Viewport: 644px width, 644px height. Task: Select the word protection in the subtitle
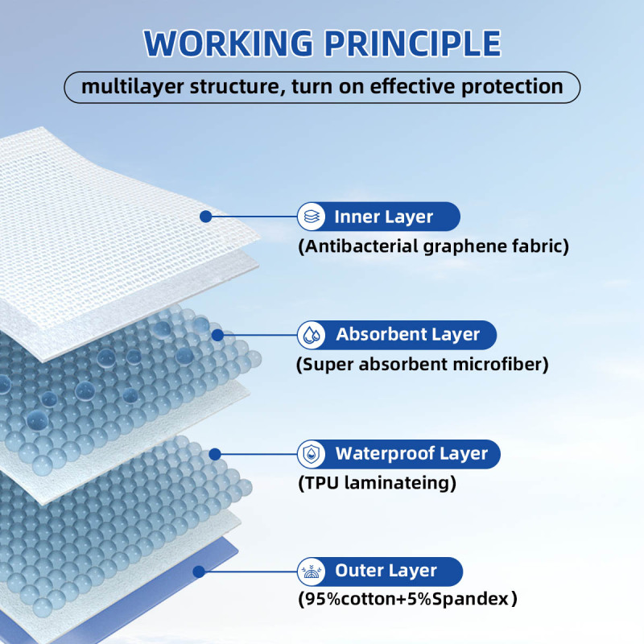[512, 87]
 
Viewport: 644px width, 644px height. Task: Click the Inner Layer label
[384, 217]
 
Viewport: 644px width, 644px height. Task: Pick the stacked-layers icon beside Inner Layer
[312, 217]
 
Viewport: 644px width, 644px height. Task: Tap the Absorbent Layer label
[407, 335]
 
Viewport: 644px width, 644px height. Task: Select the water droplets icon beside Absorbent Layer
[312, 335]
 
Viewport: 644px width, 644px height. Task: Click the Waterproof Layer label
[411, 453]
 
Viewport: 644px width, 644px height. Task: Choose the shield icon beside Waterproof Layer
[312, 454]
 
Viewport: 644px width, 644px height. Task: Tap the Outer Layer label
[386, 572]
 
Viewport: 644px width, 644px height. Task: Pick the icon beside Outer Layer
[312, 572]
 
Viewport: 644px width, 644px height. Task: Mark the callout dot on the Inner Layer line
[205, 217]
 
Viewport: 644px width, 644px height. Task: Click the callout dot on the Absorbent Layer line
[217, 335]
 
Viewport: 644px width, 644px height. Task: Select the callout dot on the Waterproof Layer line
[215, 454]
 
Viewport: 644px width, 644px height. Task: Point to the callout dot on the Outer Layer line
[197, 572]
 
